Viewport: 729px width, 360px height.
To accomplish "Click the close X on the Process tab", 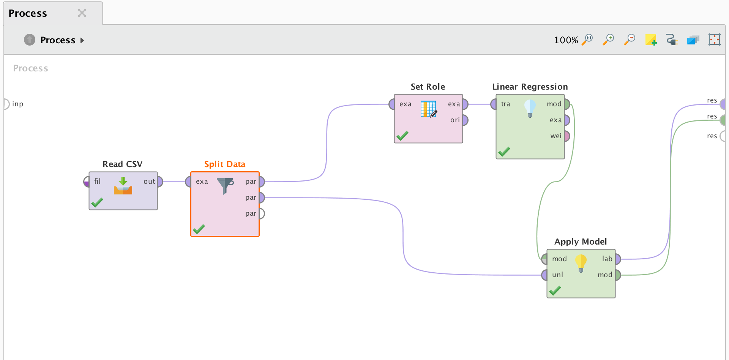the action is pos(82,13).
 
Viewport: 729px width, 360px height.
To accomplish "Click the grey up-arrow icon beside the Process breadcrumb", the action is pos(30,40).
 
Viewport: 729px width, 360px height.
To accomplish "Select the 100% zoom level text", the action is pos(566,40).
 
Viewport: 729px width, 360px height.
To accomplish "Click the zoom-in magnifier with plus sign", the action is pos(609,39).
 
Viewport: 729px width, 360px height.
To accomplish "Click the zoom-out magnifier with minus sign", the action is pos(630,39).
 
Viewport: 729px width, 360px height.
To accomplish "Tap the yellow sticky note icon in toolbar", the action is pos(651,40).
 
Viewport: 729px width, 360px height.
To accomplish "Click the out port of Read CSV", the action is pos(160,182).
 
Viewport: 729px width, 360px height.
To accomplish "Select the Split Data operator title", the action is pos(225,164).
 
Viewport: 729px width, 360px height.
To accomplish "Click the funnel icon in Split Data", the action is pos(225,186).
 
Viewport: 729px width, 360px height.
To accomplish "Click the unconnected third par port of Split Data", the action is pos(262,213).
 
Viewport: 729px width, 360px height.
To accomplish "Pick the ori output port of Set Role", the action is pos(465,120).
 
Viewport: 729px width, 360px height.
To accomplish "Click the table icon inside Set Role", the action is pos(429,109).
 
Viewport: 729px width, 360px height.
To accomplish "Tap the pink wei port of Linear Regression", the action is pos(567,136).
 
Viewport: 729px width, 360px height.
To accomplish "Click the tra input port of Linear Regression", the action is pos(494,104).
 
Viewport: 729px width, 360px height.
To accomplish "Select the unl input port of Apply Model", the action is pos(544,275).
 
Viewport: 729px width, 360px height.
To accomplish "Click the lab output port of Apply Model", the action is pos(618,259).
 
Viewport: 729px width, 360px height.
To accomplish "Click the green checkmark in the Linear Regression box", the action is pos(504,152).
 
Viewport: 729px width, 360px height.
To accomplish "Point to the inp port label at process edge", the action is pos(17,104).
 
